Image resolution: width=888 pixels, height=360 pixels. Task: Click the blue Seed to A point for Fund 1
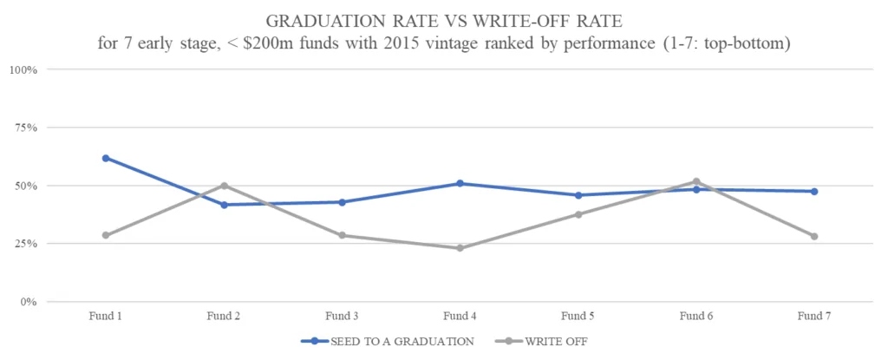coord(106,158)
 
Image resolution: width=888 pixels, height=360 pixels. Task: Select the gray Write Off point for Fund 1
coord(106,235)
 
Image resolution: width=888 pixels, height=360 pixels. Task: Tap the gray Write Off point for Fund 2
coord(224,186)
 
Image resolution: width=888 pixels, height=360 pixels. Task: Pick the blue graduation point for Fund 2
coord(224,205)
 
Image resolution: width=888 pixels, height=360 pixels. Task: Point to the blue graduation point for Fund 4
coord(460,183)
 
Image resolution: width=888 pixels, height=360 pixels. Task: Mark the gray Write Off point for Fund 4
coord(460,248)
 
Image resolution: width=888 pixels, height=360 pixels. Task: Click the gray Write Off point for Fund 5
coord(578,214)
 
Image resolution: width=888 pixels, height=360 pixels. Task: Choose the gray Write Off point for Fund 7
coord(813,236)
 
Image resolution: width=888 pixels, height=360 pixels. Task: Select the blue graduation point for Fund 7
coord(813,191)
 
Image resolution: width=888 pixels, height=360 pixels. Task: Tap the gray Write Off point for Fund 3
coord(342,235)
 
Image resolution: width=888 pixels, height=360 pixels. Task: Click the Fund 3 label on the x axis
coord(342,316)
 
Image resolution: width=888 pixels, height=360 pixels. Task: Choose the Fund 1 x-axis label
coord(106,316)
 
